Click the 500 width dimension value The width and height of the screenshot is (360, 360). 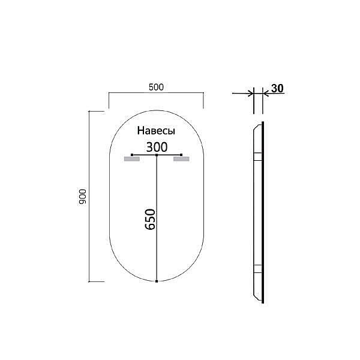click(x=156, y=87)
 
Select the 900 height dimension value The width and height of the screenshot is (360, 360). click(x=83, y=196)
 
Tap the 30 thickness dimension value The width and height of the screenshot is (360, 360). click(x=277, y=88)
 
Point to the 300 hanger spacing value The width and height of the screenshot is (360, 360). click(x=157, y=146)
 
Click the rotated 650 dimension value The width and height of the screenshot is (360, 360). click(x=150, y=220)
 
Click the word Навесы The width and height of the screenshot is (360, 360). click(x=156, y=131)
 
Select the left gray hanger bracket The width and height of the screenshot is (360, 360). click(x=131, y=160)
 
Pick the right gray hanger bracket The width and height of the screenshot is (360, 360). click(x=181, y=160)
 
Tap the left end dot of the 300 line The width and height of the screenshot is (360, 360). click(x=131, y=155)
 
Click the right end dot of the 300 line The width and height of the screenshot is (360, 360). click(x=181, y=155)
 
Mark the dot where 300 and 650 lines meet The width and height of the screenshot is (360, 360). click(x=157, y=155)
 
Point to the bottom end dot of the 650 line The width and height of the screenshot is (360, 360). click(x=157, y=281)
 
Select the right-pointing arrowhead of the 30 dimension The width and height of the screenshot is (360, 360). click(x=249, y=94)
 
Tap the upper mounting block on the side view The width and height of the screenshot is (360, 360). click(x=257, y=157)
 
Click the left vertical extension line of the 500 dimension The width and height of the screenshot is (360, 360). click(x=108, y=100)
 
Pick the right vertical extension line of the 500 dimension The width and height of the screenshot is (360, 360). click(x=204, y=100)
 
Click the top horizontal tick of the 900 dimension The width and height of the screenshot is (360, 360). click(x=96, y=112)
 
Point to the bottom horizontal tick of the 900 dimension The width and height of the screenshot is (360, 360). click(x=96, y=281)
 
